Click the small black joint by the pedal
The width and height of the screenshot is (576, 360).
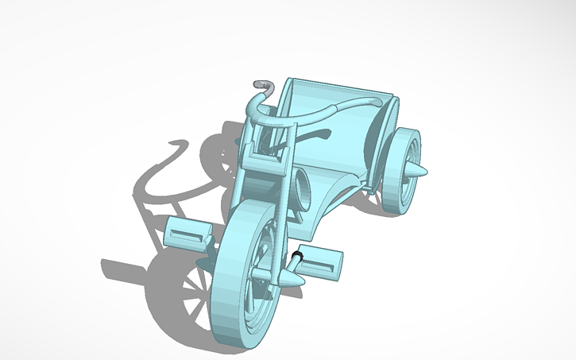298,256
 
